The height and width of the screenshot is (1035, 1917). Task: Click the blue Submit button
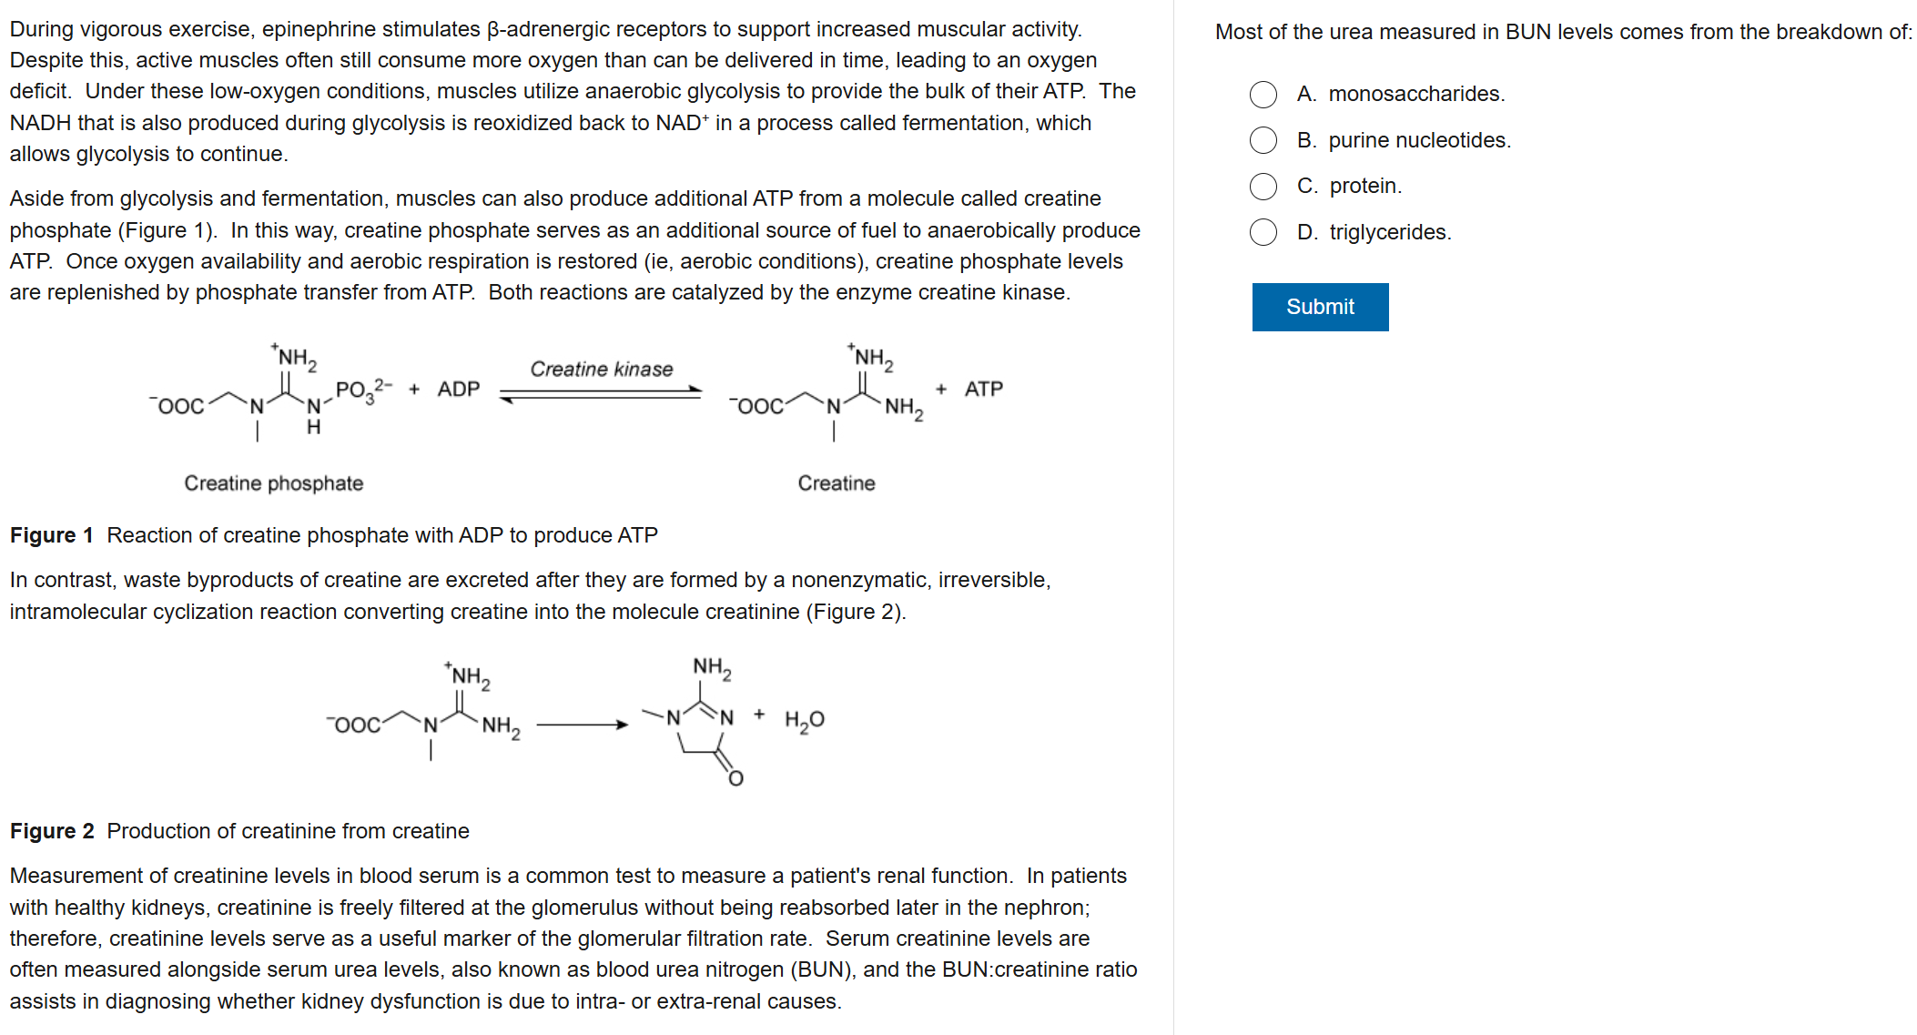coord(1319,307)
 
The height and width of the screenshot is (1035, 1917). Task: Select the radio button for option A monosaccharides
coord(1263,95)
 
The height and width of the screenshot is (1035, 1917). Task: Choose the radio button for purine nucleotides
coord(1263,140)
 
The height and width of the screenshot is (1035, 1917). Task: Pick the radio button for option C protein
coord(1263,187)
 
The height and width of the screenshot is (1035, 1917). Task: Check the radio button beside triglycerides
coord(1263,232)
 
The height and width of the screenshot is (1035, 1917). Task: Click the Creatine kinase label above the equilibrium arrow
coord(601,369)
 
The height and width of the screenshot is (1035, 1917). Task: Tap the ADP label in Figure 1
coord(458,390)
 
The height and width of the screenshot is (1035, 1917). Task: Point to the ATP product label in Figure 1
coord(983,390)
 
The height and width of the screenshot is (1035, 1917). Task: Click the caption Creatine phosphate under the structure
coord(273,483)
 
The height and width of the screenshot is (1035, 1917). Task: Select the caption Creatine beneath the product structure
coord(836,483)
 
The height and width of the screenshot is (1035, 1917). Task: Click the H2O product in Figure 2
coord(804,720)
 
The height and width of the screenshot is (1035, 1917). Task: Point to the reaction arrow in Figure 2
coord(582,726)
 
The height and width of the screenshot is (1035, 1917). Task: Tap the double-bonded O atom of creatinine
coord(735,778)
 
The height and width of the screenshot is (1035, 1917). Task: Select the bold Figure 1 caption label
coord(51,535)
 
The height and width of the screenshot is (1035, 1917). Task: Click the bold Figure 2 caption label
coord(51,831)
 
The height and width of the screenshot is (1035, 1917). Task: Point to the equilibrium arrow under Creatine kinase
coord(601,394)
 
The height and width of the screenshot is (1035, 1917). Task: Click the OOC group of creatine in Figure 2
coord(356,726)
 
